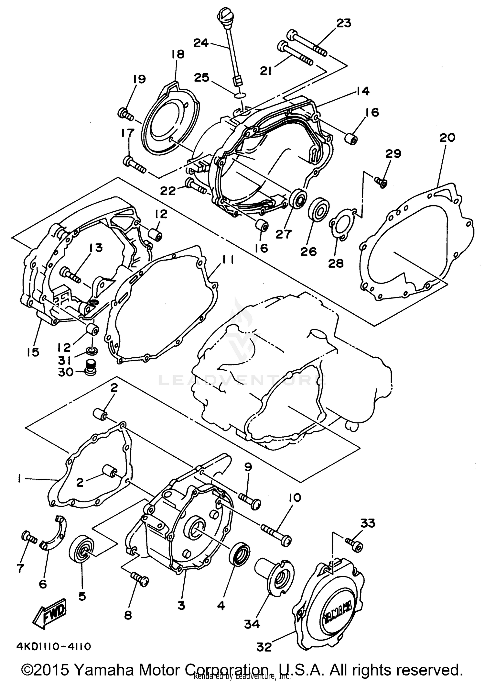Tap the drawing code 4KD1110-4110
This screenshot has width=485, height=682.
click(54, 647)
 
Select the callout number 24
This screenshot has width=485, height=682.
click(201, 43)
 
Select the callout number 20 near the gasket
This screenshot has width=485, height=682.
click(447, 138)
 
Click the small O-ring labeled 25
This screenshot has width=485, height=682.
click(241, 95)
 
